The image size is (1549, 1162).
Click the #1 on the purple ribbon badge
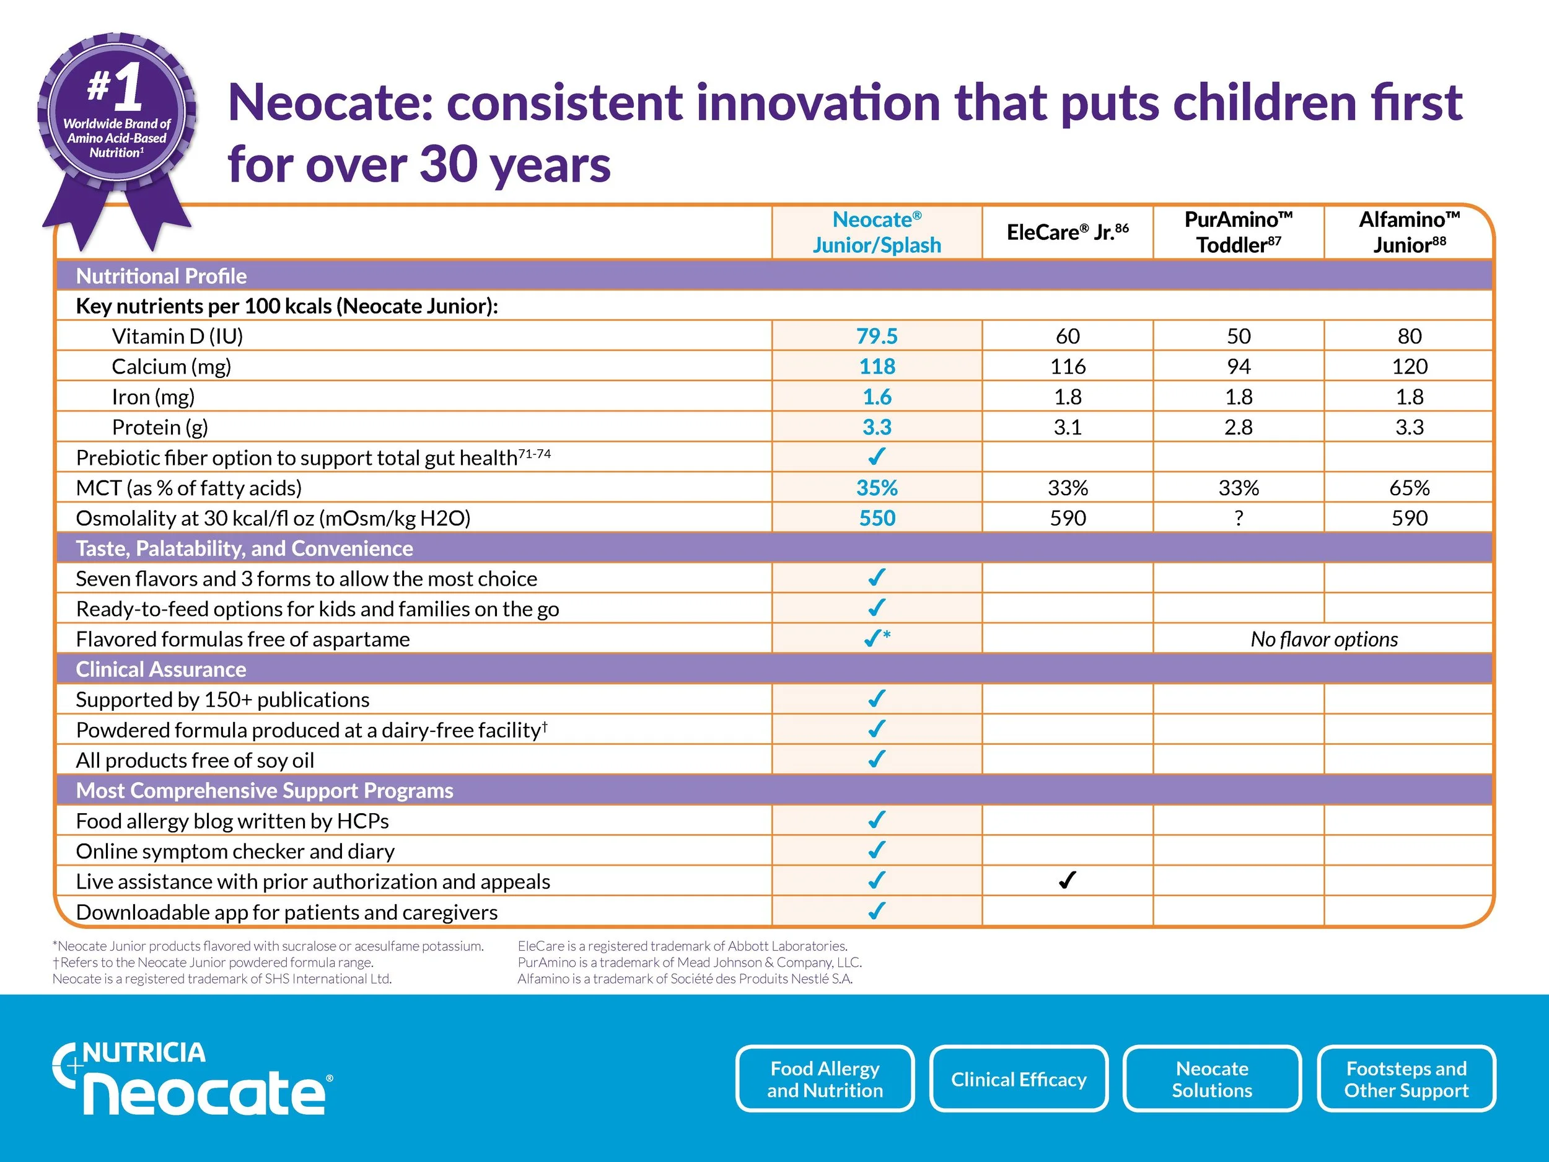click(115, 87)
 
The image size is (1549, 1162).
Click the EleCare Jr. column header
click(1066, 232)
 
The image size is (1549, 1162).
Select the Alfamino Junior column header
click(1408, 232)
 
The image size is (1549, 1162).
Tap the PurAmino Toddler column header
click(1237, 232)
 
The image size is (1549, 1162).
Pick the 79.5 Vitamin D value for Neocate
click(877, 336)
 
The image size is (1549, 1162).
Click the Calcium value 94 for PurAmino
click(1238, 366)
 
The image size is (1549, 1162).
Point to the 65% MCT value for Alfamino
click(1409, 488)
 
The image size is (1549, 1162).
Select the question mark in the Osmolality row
click(1238, 518)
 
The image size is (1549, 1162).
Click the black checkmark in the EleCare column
click(1066, 881)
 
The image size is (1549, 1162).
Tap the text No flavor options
click(1323, 639)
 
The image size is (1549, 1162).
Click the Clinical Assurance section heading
click(161, 669)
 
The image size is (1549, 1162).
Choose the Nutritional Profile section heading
click(161, 276)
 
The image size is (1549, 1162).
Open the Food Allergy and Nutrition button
click(825, 1079)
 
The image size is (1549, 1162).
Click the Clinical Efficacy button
click(1018, 1079)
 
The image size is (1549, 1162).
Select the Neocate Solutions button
click(1211, 1079)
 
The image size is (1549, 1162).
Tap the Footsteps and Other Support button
click(1405, 1079)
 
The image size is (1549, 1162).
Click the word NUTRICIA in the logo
click(144, 1052)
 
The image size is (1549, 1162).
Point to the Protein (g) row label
click(160, 427)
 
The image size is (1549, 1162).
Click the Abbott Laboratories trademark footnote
click(682, 946)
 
